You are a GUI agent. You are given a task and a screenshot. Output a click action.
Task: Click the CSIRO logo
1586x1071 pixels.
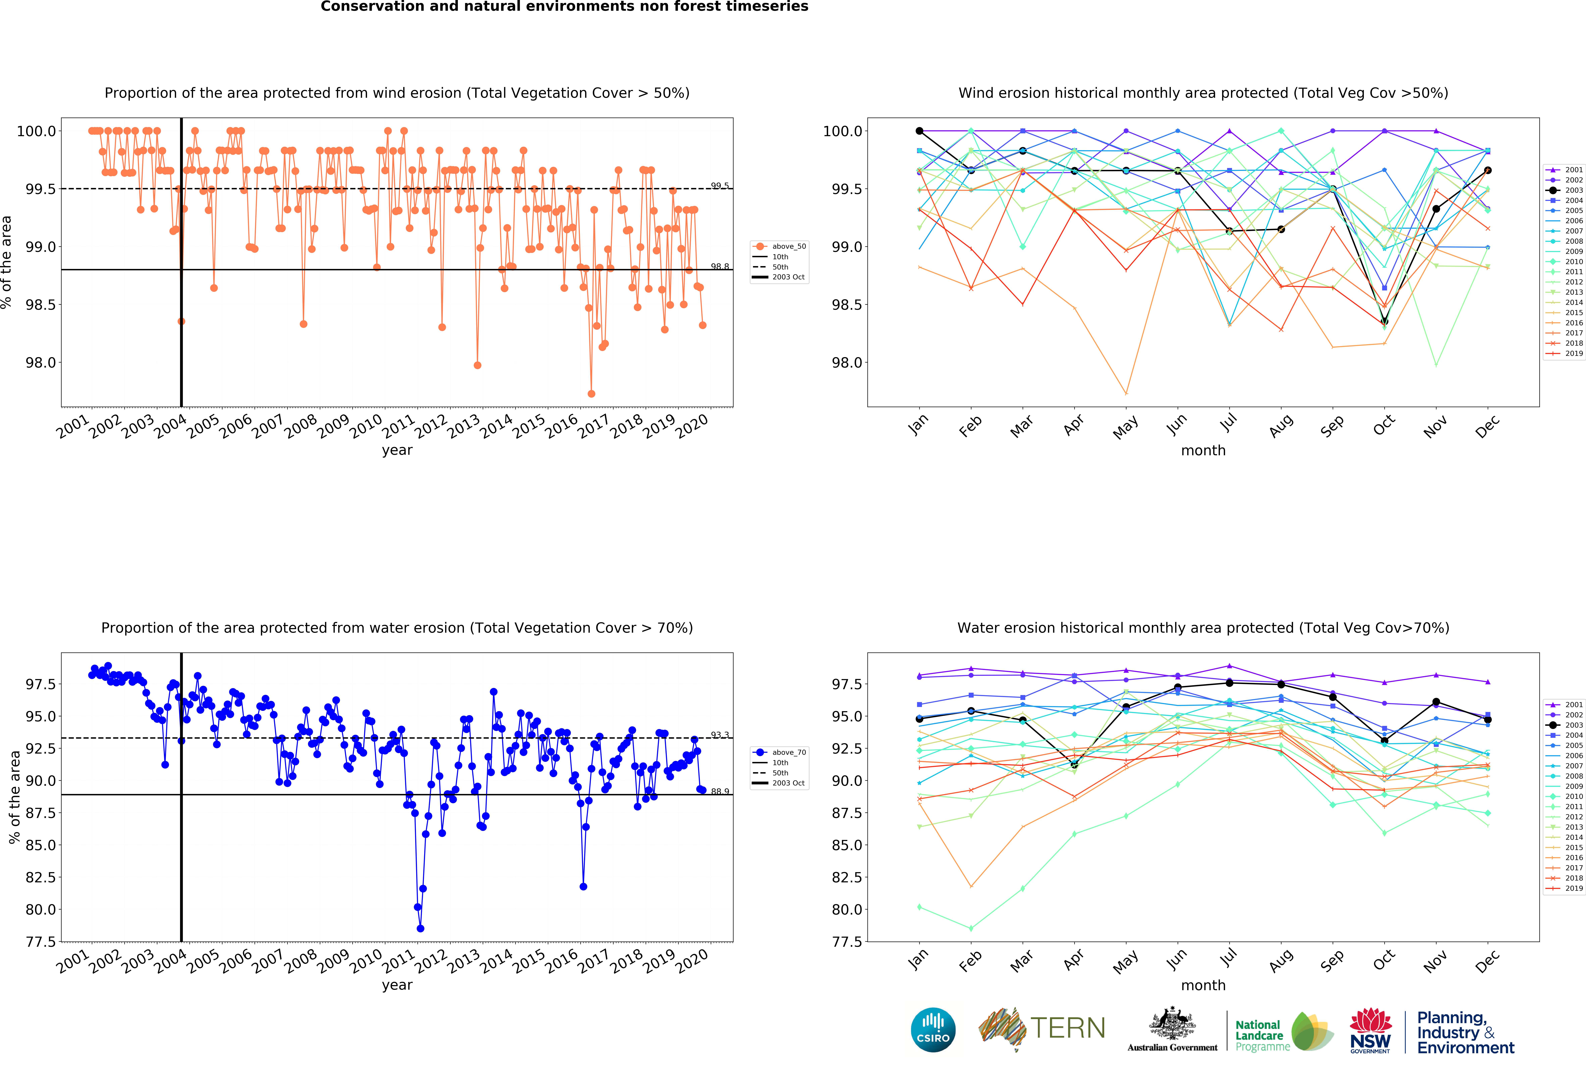933,1029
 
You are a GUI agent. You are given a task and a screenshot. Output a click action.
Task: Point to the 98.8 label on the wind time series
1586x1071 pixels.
719,266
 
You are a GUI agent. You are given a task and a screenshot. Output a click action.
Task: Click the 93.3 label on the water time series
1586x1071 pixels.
719,735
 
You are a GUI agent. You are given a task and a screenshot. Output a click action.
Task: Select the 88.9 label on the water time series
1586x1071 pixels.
719,791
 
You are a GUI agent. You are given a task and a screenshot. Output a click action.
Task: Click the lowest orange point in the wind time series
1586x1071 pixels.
591,394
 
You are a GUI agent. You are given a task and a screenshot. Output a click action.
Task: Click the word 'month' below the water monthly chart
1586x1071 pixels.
1203,985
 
